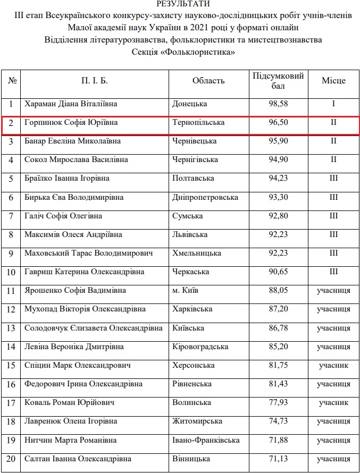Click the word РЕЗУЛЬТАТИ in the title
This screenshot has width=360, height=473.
coord(180,4)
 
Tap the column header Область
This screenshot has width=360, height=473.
coord(208,81)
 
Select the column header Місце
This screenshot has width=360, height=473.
coord(333,81)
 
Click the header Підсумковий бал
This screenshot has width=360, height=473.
coord(278,81)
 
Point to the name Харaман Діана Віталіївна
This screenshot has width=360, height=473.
coord(71,104)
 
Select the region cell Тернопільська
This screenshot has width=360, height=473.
coord(198,123)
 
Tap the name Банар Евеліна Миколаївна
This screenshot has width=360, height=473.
coord(72,141)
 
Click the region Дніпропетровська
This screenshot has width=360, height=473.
coord(205,197)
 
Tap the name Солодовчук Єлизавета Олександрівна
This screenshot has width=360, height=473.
coord(94,328)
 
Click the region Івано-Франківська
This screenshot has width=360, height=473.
coord(206,440)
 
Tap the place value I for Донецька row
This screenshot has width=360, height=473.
coord(333,104)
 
